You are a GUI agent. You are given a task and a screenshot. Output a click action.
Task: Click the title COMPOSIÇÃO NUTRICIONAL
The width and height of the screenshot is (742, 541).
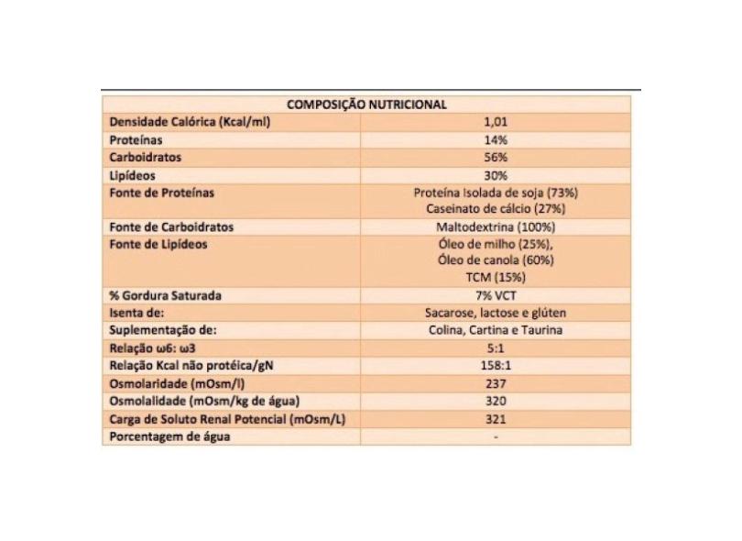tap(366, 105)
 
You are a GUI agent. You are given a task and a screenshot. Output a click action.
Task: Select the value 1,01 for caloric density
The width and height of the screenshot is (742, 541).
tap(495, 122)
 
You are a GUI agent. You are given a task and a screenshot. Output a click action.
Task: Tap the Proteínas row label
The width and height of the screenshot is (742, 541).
tap(136, 140)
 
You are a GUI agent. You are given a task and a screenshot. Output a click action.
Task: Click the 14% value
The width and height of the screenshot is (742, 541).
tap(495, 140)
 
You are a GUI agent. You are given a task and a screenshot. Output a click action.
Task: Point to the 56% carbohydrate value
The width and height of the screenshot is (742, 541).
tap(495, 158)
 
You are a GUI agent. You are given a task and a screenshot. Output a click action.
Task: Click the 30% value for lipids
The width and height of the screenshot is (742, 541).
tap(495, 175)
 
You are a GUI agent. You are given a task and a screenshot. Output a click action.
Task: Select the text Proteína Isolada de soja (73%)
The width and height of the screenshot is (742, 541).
tap(495, 193)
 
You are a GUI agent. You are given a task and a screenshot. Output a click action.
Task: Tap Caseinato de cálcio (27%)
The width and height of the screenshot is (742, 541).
tap(495, 209)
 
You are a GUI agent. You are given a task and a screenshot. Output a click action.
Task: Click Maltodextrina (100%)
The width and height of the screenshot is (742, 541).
tap(495, 226)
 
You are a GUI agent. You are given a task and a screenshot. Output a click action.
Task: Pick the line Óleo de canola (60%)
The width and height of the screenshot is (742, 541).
tap(495, 260)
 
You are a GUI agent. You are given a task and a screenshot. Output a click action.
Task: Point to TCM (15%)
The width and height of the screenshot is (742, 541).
tap(495, 278)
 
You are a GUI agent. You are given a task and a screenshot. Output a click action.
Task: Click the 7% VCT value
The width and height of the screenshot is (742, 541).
tap(495, 296)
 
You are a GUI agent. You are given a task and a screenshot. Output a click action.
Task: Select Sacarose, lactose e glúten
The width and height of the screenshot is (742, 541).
tap(495, 314)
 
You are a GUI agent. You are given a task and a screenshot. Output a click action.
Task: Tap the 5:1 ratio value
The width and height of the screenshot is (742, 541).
tap(495, 349)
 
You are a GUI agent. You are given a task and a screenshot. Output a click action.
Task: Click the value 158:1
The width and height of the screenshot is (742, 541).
tap(495, 367)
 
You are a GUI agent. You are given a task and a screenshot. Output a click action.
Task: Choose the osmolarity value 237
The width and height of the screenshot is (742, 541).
tap(495, 384)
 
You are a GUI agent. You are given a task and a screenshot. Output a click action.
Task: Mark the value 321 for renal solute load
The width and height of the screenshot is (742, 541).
tap(495, 419)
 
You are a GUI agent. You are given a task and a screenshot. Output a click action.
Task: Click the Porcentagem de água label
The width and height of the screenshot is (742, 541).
tap(169, 436)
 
